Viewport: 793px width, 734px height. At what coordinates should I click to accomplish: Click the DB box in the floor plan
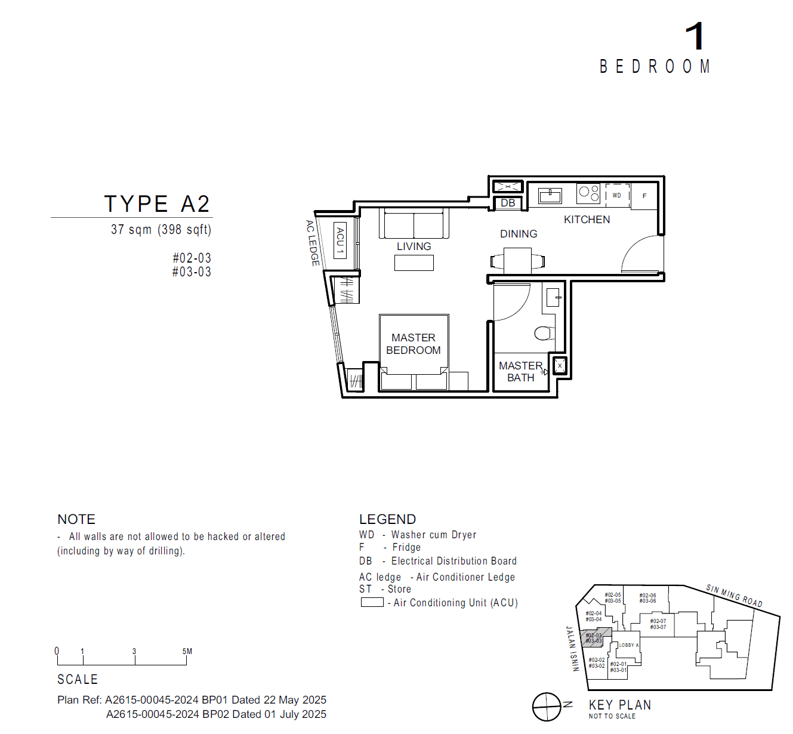point(508,203)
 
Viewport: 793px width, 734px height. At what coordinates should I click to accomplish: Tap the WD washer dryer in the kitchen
point(617,195)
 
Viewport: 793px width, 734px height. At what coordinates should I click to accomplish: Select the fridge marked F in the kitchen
point(644,196)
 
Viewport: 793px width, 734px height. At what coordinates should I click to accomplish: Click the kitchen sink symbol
point(550,195)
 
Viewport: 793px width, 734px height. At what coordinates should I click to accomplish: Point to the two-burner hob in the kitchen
point(588,193)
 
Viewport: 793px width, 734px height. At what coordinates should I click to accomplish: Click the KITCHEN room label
point(587,220)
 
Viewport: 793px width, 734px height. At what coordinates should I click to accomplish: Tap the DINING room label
point(519,234)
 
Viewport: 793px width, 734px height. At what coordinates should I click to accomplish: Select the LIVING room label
point(414,246)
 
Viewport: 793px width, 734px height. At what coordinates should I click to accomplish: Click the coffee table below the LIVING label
point(414,263)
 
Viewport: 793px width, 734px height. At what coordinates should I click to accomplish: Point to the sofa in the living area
point(414,224)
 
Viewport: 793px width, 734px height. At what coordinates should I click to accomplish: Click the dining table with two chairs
point(517,261)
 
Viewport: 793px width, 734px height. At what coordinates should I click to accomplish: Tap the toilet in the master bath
point(544,332)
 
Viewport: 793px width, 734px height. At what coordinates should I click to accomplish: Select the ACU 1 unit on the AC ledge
point(340,240)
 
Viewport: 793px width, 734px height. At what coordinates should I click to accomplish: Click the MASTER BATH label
point(520,372)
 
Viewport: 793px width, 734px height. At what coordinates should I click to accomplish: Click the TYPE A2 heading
point(157,204)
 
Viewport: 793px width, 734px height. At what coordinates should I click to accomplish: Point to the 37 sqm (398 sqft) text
point(161,230)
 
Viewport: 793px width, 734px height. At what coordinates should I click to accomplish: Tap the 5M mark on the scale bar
point(187,652)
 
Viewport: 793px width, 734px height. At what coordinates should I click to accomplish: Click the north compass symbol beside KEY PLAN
point(547,707)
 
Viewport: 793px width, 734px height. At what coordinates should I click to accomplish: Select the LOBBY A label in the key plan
point(628,645)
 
